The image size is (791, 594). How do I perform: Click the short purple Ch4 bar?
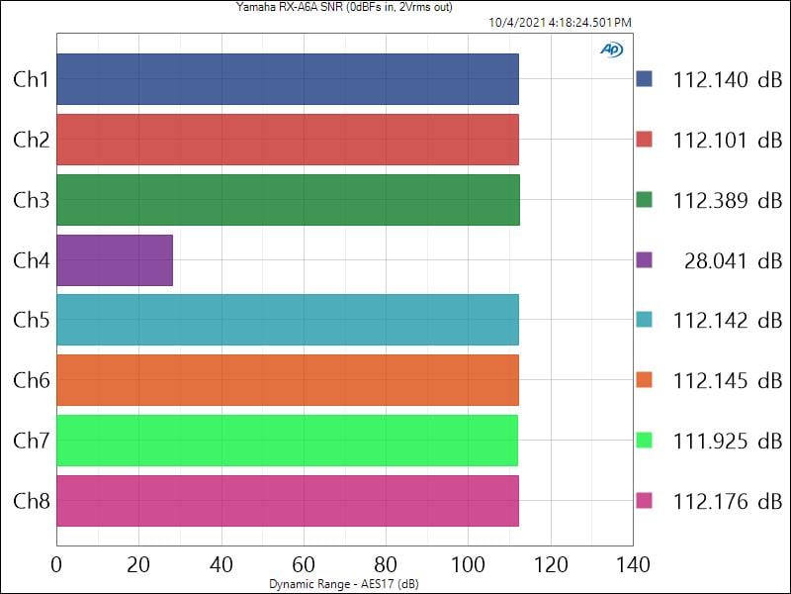click(x=115, y=260)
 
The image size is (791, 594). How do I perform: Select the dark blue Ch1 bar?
click(x=287, y=79)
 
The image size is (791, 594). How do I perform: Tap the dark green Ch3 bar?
click(x=287, y=200)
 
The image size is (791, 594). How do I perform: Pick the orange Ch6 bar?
click(x=287, y=380)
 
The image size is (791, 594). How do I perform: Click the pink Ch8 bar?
click(x=287, y=501)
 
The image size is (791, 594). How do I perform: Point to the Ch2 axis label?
click(x=31, y=140)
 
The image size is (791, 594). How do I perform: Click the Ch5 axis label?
click(x=31, y=321)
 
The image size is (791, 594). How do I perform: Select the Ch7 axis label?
click(x=31, y=441)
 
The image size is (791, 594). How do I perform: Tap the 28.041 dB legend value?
click(x=732, y=260)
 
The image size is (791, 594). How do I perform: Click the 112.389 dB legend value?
click(x=727, y=200)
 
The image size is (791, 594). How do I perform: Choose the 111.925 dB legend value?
click(x=727, y=441)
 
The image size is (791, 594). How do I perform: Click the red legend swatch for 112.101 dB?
click(x=645, y=140)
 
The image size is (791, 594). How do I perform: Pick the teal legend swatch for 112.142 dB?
click(x=645, y=321)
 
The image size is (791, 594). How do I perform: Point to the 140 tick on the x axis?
click(x=633, y=565)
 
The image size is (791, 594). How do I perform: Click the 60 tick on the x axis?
click(x=304, y=565)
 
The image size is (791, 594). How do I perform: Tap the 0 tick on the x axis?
click(x=56, y=565)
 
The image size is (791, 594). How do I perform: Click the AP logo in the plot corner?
click(x=611, y=49)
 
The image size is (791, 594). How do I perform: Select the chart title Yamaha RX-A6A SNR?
click(x=344, y=8)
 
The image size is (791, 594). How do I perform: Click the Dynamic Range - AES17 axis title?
click(x=344, y=584)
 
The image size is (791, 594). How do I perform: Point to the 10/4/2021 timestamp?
click(x=560, y=22)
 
